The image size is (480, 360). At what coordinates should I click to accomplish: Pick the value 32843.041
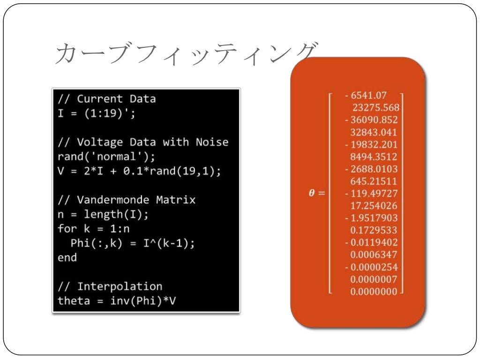coord(374,132)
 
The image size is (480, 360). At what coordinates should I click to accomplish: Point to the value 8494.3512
coord(374,157)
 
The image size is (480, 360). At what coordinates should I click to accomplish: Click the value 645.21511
coord(374,181)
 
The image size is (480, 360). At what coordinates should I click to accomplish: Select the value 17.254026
coord(374,205)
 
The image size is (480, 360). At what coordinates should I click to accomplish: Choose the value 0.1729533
coord(374,230)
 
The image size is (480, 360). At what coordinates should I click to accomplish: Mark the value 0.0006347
coord(374,255)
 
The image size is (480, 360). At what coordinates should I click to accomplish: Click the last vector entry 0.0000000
coord(374,292)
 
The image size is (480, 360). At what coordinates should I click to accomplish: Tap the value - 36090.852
coord(371,120)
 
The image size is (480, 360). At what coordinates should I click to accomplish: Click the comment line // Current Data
coord(106,99)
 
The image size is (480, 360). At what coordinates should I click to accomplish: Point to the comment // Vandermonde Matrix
coord(127,200)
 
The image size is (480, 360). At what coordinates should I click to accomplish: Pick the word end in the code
coord(67,257)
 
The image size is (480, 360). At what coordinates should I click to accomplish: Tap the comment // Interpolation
coord(110,286)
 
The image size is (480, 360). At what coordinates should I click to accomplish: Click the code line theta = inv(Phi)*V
coord(117,300)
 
